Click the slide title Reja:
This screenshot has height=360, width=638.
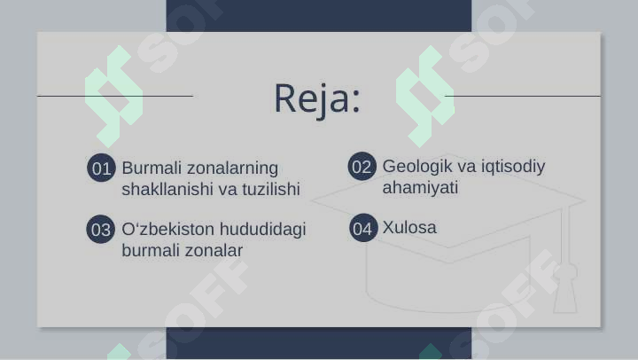coord(317,98)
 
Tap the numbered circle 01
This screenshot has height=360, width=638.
coord(101,168)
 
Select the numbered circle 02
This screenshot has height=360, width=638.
coord(362,166)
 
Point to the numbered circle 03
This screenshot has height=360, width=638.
coord(100,230)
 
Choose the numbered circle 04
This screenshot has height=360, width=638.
coord(363,228)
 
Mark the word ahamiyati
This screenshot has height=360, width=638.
coord(420,188)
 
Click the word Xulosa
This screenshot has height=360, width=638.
coord(409,227)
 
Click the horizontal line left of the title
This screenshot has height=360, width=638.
coord(115,96)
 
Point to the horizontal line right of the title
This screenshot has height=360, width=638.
coord(523,96)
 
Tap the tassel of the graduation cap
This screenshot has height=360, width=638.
coord(565,285)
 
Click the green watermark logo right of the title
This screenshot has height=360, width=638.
coord(425,97)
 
